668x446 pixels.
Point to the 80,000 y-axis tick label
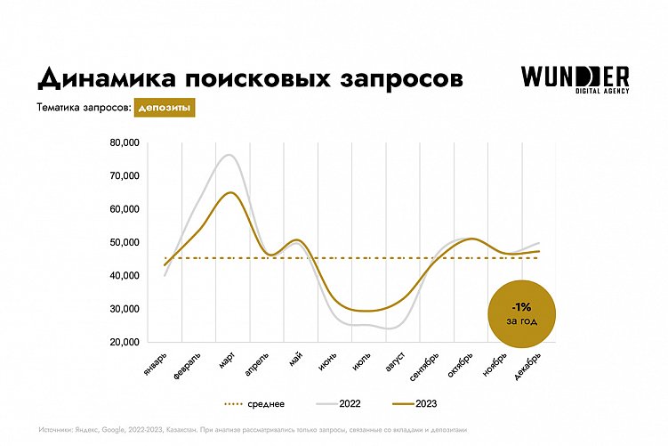pyautogui.click(x=125, y=142)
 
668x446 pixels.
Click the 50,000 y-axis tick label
pyautogui.click(x=125, y=242)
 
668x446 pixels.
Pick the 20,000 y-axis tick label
pyautogui.click(x=125, y=342)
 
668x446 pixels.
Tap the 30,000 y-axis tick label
pyautogui.click(x=125, y=309)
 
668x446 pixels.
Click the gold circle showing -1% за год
pyautogui.click(x=523, y=312)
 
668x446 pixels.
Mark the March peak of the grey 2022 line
pyautogui.click(x=229, y=155)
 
